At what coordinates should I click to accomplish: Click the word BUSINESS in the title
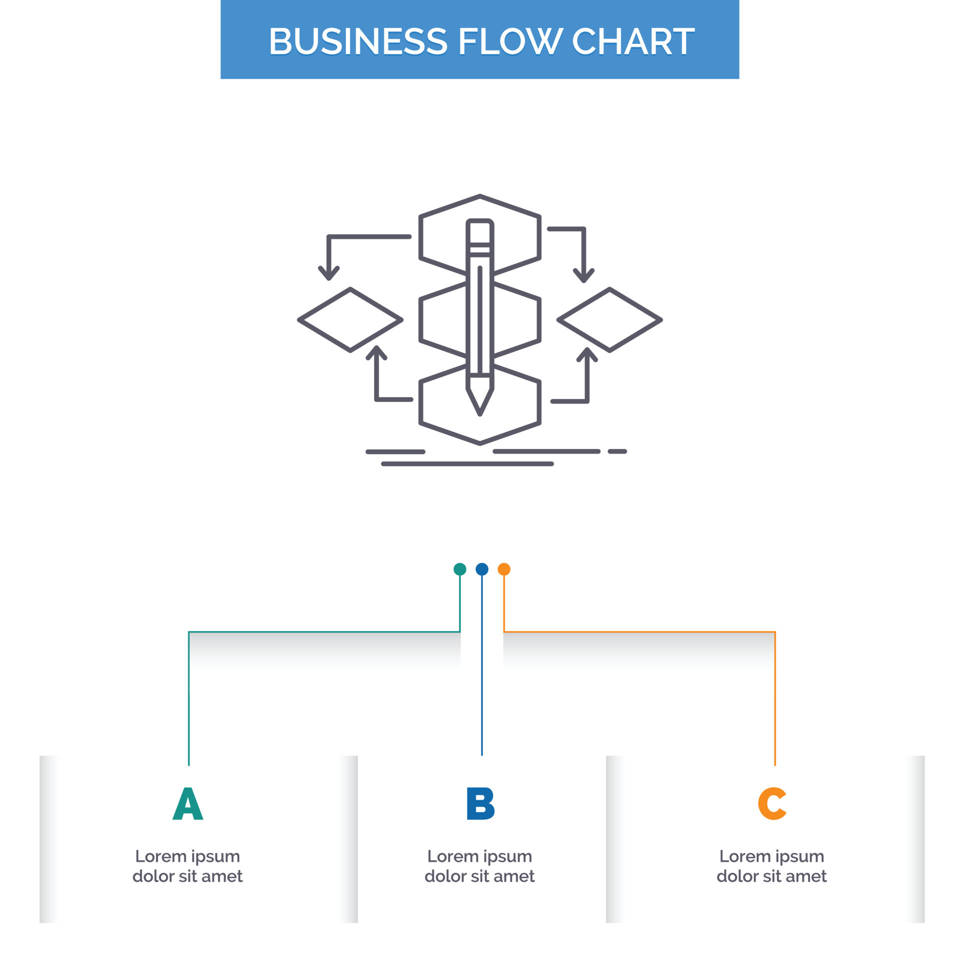pyautogui.click(x=358, y=41)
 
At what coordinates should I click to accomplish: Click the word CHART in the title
pyautogui.click(x=632, y=41)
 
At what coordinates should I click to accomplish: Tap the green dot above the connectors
pyautogui.click(x=459, y=569)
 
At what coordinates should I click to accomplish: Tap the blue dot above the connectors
pyautogui.click(x=481, y=569)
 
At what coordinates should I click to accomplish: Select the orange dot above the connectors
pyautogui.click(x=504, y=569)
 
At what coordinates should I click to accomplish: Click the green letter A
pyautogui.click(x=187, y=803)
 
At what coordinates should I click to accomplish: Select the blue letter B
pyautogui.click(x=480, y=803)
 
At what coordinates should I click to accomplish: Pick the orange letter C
pyautogui.click(x=772, y=803)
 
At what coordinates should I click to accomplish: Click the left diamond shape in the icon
pyautogui.click(x=350, y=320)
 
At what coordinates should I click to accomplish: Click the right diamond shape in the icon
pyautogui.click(x=609, y=320)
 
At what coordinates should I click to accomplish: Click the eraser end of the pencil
pyautogui.click(x=480, y=230)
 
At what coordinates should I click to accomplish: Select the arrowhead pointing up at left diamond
pyautogui.click(x=376, y=351)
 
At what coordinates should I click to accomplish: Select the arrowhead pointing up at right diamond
pyautogui.click(x=587, y=353)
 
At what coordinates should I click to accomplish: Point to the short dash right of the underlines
pyautogui.click(x=617, y=451)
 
